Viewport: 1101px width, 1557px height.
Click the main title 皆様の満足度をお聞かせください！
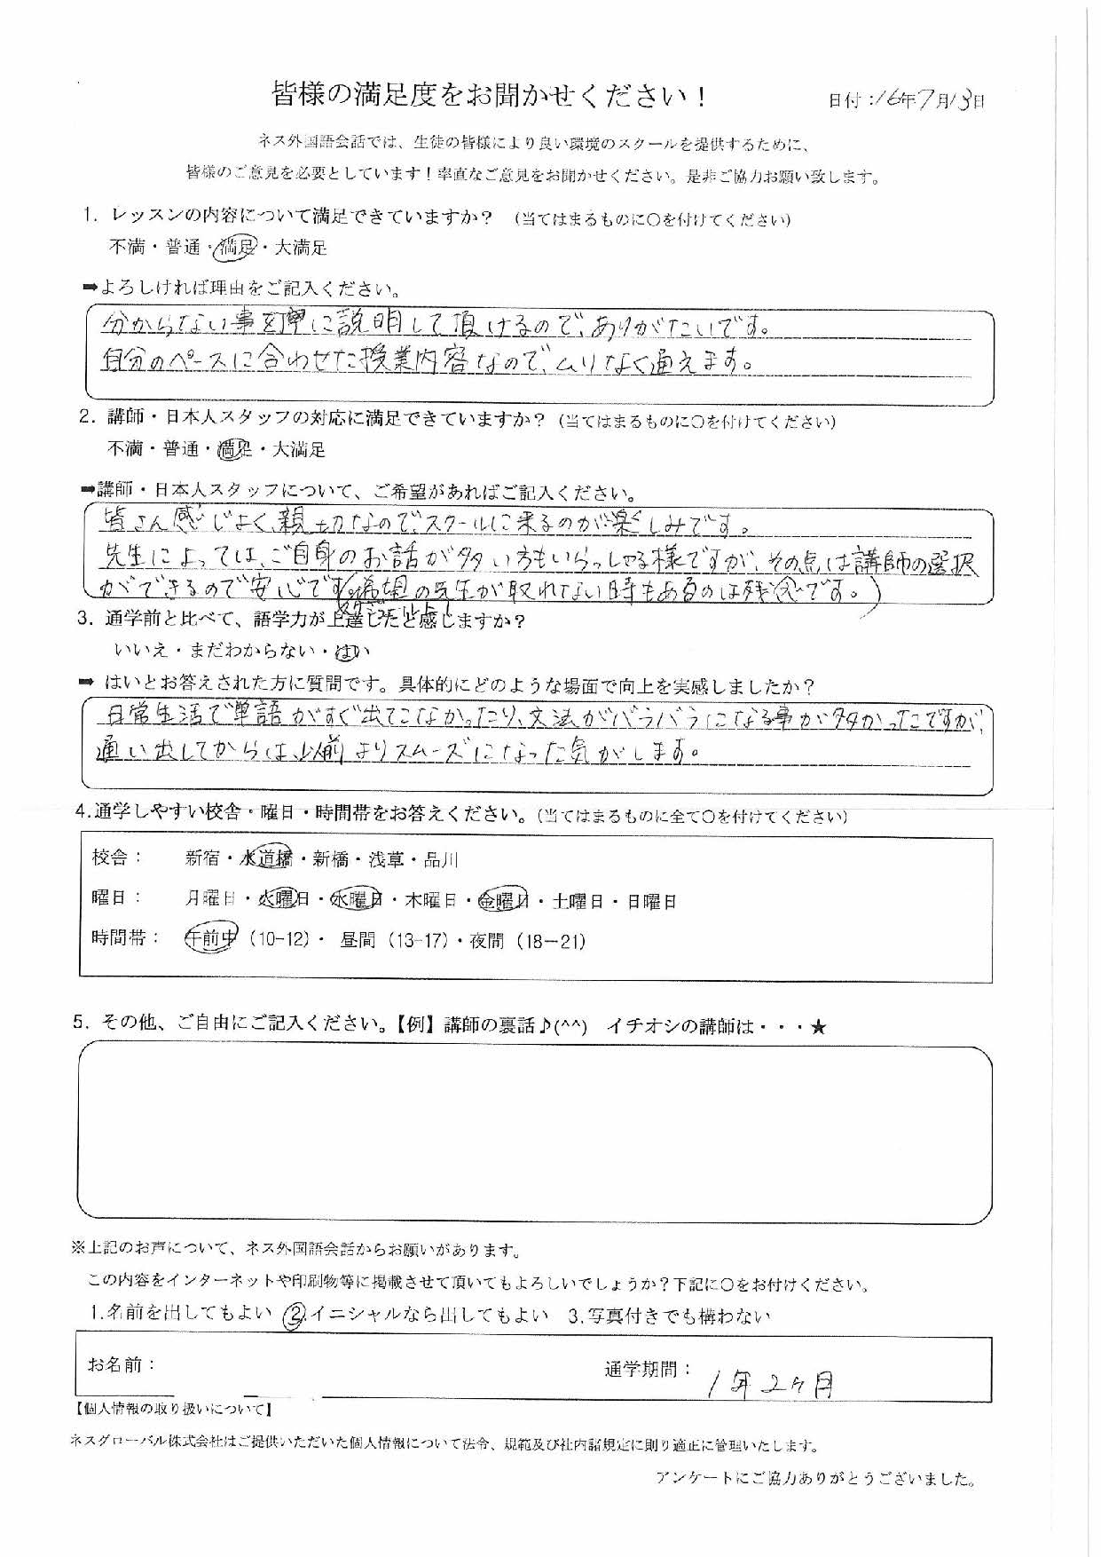[x=491, y=97]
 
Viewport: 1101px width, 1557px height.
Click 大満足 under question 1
[x=301, y=249]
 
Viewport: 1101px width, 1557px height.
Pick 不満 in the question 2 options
[x=126, y=450]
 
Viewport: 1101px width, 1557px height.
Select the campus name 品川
[x=441, y=858]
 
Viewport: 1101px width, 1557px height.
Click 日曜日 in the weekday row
[x=651, y=902]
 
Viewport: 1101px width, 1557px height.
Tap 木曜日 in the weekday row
[x=429, y=902]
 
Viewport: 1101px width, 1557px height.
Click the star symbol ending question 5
[x=818, y=1027]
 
